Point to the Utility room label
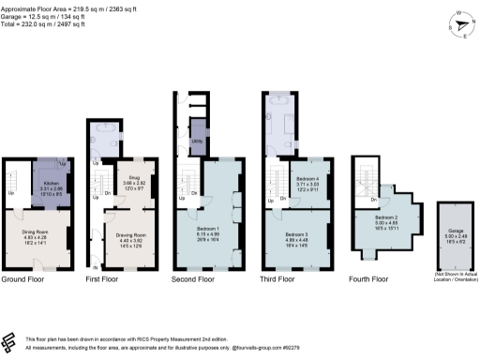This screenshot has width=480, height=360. click(198, 141)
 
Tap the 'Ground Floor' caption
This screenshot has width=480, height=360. click(24, 279)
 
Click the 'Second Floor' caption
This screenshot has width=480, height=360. click(195, 279)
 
